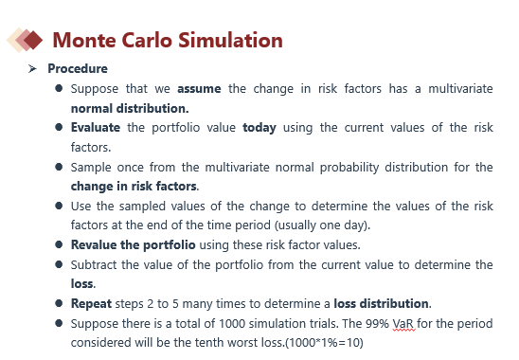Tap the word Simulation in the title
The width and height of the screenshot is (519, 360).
click(230, 41)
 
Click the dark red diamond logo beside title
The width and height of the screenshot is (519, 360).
click(33, 40)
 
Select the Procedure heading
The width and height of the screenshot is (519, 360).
click(78, 68)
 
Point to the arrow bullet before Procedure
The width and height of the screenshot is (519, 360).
click(32, 68)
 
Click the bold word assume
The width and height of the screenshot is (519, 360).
click(199, 89)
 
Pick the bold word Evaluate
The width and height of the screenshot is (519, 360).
click(96, 128)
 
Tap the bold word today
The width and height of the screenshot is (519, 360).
click(259, 128)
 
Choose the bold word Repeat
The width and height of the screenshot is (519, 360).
click(91, 304)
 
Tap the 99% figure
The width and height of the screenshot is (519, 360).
click(377, 324)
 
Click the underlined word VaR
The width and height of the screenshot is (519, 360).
click(403, 324)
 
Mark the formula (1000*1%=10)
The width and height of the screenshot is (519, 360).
click(324, 342)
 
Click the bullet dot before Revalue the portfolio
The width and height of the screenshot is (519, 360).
click(59, 244)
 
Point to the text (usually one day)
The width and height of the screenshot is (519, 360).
click(322, 225)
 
